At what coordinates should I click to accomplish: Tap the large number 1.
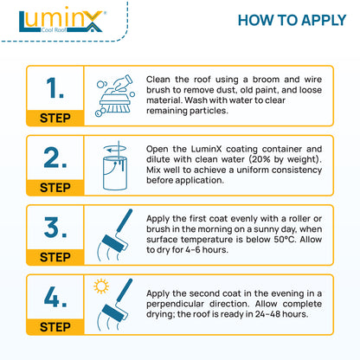pyautogui.click(x=55, y=89)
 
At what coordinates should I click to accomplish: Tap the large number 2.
pyautogui.click(x=55, y=157)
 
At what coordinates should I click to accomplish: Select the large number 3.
pyautogui.click(x=55, y=228)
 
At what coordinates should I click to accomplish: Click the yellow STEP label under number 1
pyautogui.click(x=55, y=119)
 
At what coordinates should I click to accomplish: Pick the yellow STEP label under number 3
pyautogui.click(x=55, y=257)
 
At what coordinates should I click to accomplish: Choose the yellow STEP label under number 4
pyautogui.click(x=55, y=327)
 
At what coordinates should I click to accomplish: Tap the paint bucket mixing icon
pyautogui.click(x=113, y=165)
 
